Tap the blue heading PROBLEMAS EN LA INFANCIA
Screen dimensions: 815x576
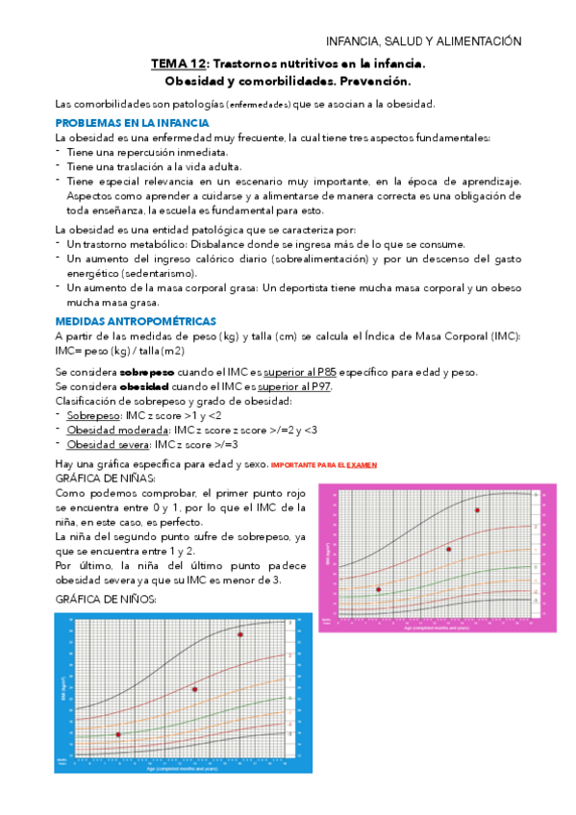(x=132, y=124)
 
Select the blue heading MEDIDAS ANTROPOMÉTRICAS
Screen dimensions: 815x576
(x=136, y=321)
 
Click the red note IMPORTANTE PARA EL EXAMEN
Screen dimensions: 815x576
(x=324, y=465)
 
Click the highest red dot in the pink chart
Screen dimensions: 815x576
(x=476, y=510)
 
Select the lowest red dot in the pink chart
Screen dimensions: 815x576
(x=378, y=589)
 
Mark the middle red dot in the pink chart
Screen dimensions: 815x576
(x=448, y=549)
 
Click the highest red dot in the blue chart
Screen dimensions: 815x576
(x=240, y=635)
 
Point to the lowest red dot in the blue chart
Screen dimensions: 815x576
(x=118, y=735)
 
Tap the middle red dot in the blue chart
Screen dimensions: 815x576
(x=195, y=689)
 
